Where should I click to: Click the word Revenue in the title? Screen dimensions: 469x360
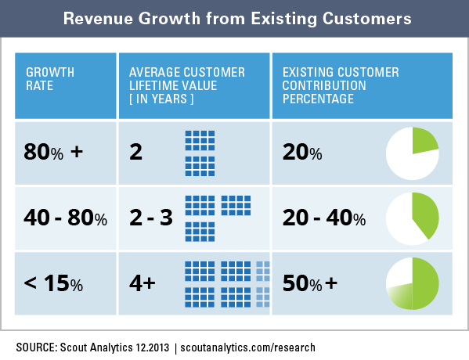pos(98,19)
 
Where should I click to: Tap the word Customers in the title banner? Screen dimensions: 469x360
pos(366,19)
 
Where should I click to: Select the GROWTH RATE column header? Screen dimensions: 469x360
pos(50,79)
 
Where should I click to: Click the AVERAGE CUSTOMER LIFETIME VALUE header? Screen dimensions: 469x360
pos(187,85)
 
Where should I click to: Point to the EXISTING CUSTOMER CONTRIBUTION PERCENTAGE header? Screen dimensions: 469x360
pos(341,85)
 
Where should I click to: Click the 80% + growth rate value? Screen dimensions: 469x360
pos(53,152)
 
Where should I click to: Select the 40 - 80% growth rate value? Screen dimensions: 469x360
pos(66,218)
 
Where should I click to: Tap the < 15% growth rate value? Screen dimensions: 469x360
pos(53,283)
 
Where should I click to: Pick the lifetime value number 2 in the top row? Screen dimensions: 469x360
pos(135,152)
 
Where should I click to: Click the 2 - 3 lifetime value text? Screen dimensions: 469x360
pos(151,218)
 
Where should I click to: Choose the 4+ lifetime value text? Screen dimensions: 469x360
pos(143,283)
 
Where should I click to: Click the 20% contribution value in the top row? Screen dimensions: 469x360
pos(302,152)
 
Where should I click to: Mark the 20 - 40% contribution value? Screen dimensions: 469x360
pos(324,218)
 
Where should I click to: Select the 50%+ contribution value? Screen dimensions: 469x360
pos(310,283)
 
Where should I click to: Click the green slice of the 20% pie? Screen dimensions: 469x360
pos(424,142)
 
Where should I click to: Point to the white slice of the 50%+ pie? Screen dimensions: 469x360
pos(399,272)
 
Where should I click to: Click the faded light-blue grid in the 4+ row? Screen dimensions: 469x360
pos(263,284)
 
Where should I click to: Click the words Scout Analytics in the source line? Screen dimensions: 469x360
pos(96,347)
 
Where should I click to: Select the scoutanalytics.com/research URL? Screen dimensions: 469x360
pos(247,347)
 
